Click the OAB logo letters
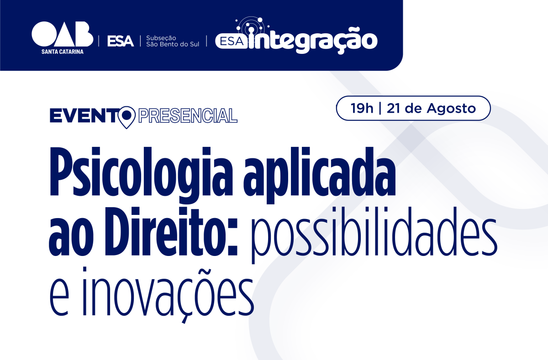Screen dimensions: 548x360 63,34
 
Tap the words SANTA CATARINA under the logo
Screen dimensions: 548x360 63,52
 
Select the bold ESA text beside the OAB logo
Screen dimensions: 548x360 121,41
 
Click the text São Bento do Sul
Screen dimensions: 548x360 173,44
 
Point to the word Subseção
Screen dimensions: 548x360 161,38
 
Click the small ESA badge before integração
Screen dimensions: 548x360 232,42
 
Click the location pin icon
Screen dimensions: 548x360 126,117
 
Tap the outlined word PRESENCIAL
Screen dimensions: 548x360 188,116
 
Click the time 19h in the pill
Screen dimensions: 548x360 362,108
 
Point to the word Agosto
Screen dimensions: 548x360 451,109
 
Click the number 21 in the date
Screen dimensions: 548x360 394,108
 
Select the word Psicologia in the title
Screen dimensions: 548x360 141,175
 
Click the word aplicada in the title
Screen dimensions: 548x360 319,175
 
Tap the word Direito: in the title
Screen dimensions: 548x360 172,231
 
